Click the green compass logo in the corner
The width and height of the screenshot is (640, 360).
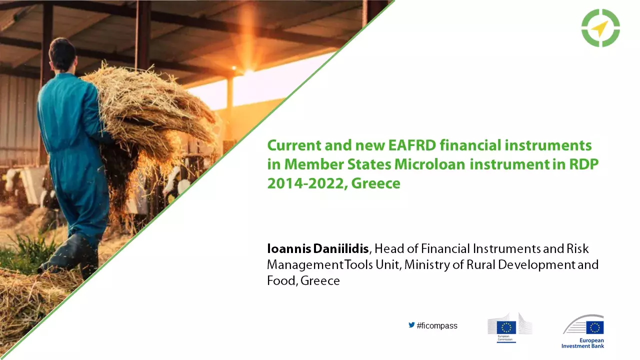point(600,28)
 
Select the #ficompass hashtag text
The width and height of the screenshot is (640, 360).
point(436,326)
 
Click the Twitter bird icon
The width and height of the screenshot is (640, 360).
point(411,325)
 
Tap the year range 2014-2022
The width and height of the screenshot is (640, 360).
point(306,183)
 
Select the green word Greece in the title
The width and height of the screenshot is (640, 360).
point(375,183)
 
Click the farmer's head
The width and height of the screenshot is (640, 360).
point(62,53)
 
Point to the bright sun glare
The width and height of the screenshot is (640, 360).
point(248,71)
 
